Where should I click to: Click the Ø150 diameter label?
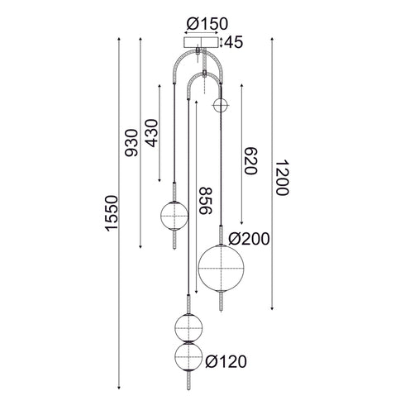(202, 22)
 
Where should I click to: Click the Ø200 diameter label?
(250, 239)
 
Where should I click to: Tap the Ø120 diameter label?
(226, 361)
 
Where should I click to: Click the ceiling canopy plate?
(202, 42)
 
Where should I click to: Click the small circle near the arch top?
(221, 104)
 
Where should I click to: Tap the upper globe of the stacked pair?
(189, 324)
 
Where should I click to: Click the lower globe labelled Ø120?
(189, 359)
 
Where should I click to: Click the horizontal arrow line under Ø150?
(202, 33)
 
